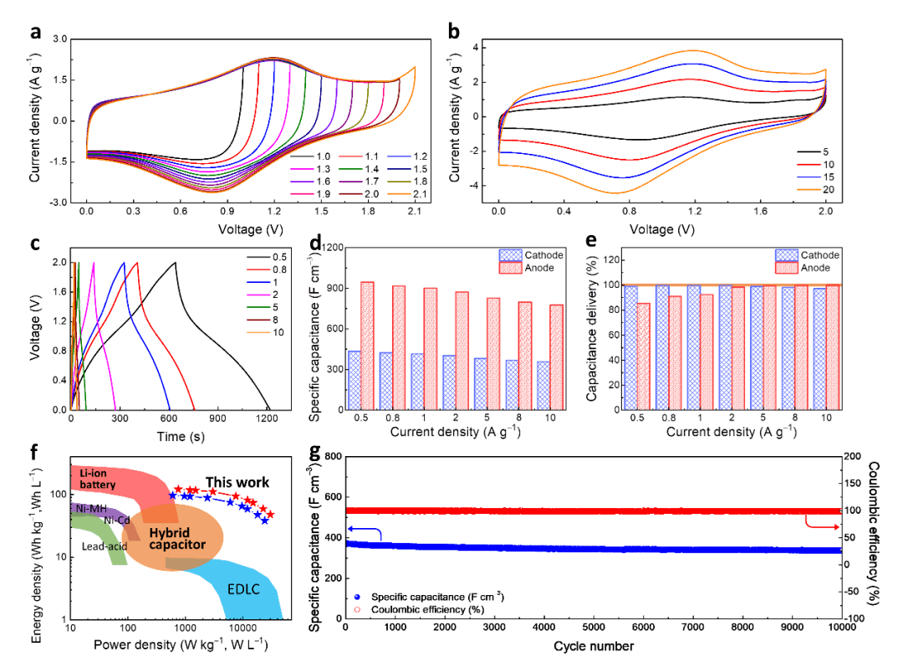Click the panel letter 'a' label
[x=34, y=33]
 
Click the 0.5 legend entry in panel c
[x=268, y=257]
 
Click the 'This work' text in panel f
[x=238, y=482]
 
